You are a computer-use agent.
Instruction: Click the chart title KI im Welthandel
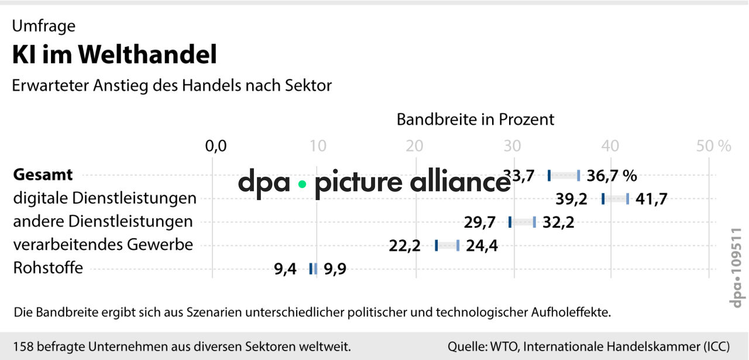[x=115, y=54]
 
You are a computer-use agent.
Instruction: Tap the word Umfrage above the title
[x=44, y=26]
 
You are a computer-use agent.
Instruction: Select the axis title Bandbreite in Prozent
[x=475, y=119]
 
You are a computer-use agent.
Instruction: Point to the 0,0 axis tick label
[x=215, y=146]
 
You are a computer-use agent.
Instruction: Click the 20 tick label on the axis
[x=415, y=146]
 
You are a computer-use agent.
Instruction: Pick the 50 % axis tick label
[x=714, y=146]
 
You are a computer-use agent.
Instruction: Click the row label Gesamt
[x=43, y=174]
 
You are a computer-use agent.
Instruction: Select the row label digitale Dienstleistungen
[x=105, y=198]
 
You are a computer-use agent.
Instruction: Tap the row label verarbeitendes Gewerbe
[x=103, y=245]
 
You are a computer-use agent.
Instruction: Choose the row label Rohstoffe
[x=48, y=268]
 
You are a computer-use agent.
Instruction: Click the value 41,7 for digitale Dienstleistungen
[x=651, y=199]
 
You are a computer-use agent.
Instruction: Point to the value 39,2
[x=571, y=199]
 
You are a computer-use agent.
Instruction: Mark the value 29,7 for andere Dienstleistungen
[x=480, y=222]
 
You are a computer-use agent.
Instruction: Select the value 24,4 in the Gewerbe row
[x=482, y=246]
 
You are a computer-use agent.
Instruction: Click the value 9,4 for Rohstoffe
[x=285, y=270]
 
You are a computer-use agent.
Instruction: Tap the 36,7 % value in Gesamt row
[x=611, y=176]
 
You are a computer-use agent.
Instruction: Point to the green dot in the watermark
[x=302, y=184]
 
